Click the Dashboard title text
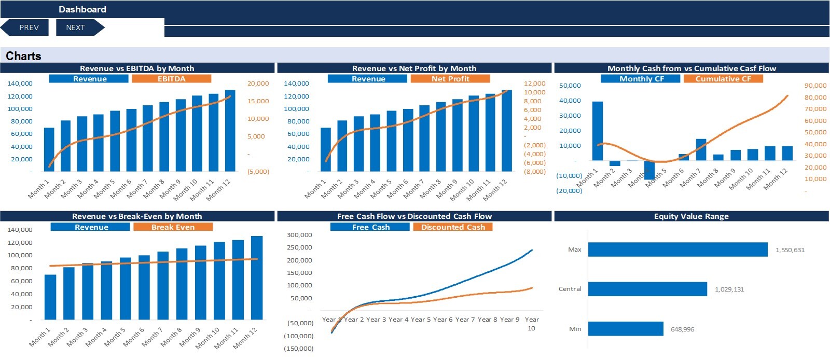(x=82, y=9)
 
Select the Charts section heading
(x=23, y=56)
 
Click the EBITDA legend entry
(x=171, y=79)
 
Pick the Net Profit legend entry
(x=450, y=79)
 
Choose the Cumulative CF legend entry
(x=723, y=79)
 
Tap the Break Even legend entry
(x=173, y=227)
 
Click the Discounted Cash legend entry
(x=452, y=227)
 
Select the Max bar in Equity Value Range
(x=677, y=250)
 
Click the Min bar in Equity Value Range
(x=625, y=329)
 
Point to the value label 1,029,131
(x=729, y=289)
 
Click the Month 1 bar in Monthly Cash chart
(x=598, y=131)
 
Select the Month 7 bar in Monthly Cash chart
(x=701, y=149)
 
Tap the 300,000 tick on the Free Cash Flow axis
(x=299, y=235)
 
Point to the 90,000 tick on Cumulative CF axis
(x=815, y=86)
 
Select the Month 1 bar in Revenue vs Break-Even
(x=50, y=297)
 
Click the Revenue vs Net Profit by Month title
(x=414, y=68)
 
